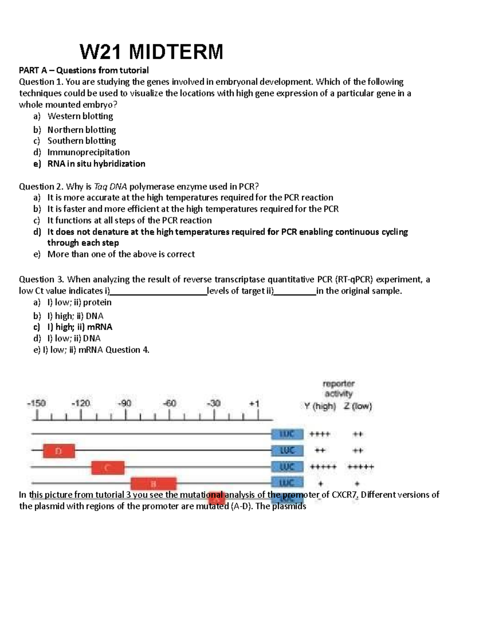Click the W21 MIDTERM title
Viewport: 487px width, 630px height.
(151, 52)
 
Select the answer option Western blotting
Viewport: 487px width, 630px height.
(80, 116)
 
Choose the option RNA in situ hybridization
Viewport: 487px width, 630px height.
(96, 163)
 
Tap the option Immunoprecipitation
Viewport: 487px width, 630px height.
(88, 152)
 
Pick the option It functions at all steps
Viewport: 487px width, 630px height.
(129, 220)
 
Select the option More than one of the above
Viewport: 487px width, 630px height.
(121, 254)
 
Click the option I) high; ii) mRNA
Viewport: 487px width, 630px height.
(80, 327)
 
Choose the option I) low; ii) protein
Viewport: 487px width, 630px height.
(79, 302)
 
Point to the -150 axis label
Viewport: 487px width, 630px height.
(37, 404)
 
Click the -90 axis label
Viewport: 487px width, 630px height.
(125, 404)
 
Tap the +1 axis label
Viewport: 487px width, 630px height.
(254, 404)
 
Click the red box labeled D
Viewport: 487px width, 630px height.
(59, 451)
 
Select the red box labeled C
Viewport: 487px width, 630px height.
(108, 467)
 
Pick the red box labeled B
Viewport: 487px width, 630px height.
(153, 484)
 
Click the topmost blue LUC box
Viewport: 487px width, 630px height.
(287, 434)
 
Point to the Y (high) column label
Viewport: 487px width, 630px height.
(320, 406)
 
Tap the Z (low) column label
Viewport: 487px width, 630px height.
(358, 406)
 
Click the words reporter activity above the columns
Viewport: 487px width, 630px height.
(338, 389)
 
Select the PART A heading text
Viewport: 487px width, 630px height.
(84, 70)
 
